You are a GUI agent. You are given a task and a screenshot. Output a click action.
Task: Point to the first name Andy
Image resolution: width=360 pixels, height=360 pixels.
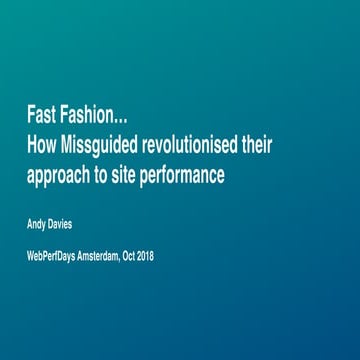tap(36, 224)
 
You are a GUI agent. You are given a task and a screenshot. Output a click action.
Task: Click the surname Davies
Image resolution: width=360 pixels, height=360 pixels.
tap(60, 224)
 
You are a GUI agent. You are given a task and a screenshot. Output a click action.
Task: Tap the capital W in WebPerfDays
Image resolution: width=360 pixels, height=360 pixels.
tap(31, 255)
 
